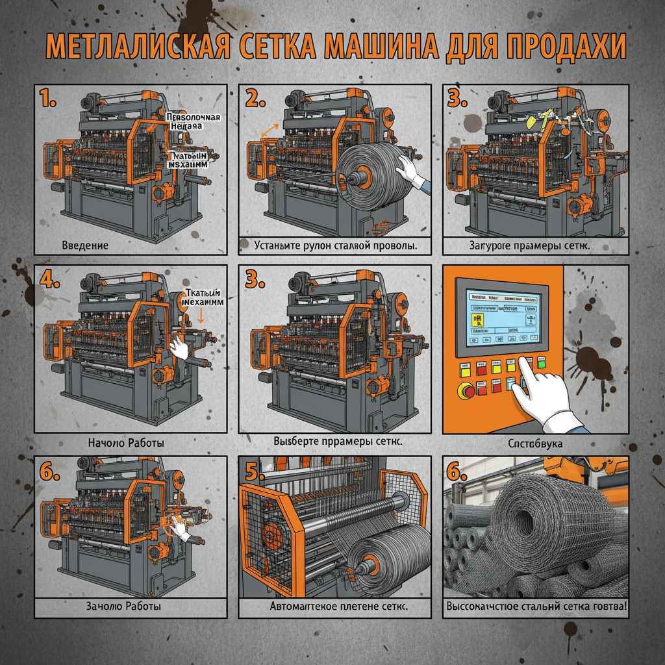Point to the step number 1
tap(48, 99)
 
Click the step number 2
tap(256, 99)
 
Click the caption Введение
tap(85, 246)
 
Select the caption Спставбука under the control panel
tap(536, 444)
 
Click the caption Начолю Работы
tap(125, 443)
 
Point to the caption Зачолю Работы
tap(123, 606)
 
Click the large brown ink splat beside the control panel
tap(590, 359)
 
